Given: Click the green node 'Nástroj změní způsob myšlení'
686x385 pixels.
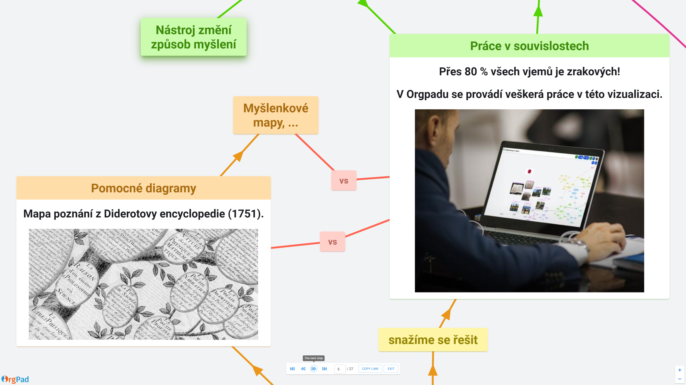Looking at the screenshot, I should pos(194,37).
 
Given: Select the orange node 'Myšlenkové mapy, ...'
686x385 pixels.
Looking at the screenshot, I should pos(276,115).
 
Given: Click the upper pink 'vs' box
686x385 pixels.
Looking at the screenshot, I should pos(344,180).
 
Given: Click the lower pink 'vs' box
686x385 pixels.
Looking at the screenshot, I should pos(332,242).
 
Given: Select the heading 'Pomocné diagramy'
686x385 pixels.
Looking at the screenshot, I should pos(143,188).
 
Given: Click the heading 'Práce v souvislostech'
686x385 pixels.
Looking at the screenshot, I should pos(529,46).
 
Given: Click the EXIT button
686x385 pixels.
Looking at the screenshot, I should pos(391,369).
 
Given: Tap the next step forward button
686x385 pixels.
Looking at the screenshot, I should pos(314,369).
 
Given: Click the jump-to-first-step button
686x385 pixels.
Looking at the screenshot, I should pos(292,369).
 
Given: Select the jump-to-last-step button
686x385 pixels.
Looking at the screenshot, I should pos(324,369).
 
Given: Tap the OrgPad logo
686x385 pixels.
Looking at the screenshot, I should pos(15,379).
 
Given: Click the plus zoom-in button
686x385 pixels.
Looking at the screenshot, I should pos(679,370).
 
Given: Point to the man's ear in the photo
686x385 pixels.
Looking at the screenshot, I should pos(434,125).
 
